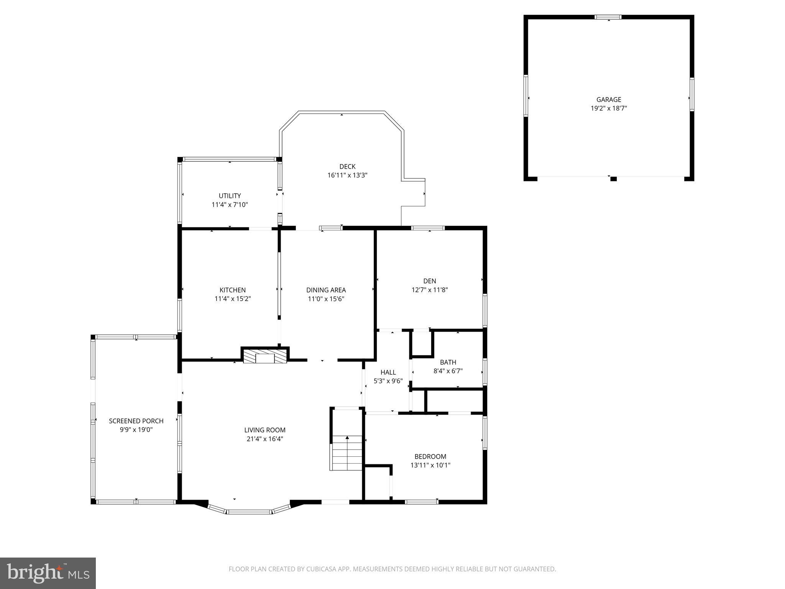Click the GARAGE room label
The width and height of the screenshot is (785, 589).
click(x=609, y=100)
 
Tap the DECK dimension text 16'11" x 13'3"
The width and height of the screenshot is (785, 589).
click(x=347, y=175)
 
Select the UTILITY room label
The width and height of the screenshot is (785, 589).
click(x=230, y=196)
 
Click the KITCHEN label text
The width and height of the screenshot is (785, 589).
click(x=232, y=290)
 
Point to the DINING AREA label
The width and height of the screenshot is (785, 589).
click(x=326, y=290)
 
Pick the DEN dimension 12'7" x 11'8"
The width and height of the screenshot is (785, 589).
click(x=429, y=290)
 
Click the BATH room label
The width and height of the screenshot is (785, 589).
click(x=448, y=362)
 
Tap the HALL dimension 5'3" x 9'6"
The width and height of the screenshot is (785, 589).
click(x=388, y=381)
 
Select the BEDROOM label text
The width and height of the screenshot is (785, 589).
click(x=430, y=457)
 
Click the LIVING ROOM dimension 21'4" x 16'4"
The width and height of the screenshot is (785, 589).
click(x=265, y=439)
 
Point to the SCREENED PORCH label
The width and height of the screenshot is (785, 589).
click(x=136, y=421)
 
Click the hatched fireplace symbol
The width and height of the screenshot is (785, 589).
click(x=265, y=356)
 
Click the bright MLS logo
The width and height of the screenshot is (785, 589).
click(x=48, y=573)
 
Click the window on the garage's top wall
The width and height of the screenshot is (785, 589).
click(x=608, y=17)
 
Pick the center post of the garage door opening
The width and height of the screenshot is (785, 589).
click(x=613, y=179)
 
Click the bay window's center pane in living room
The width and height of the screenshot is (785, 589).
click(x=250, y=512)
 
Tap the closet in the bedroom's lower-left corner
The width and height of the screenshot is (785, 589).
click(x=377, y=483)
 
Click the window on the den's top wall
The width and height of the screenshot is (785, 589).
click(x=428, y=228)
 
